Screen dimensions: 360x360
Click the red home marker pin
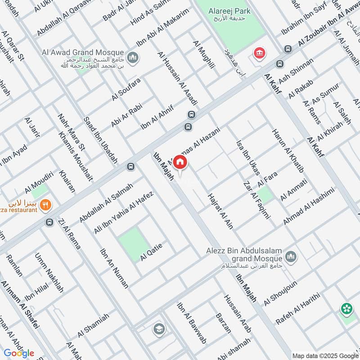(180, 162)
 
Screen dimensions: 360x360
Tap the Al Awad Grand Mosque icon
(132, 58)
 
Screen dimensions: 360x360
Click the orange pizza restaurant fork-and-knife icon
(45, 206)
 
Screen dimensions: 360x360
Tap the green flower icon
(346, 309)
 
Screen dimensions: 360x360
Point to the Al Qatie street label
(151, 252)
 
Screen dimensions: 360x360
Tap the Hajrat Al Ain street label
(220, 211)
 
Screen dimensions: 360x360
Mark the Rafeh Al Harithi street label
(297, 309)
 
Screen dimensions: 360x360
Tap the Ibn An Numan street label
(114, 268)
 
